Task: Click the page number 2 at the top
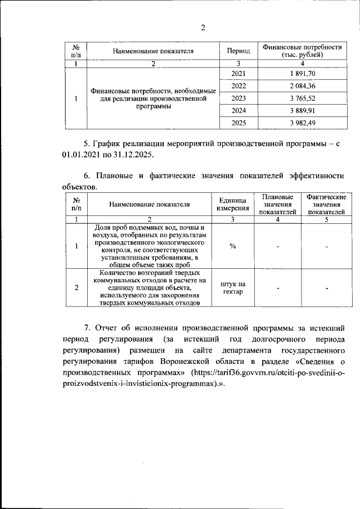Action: (203, 29)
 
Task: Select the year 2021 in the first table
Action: (238, 74)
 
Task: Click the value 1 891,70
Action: (302, 74)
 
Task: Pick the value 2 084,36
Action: (302, 86)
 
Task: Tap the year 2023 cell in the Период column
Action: (238, 98)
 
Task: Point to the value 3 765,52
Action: (302, 98)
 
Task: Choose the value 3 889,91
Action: (302, 111)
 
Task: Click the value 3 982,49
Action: (302, 123)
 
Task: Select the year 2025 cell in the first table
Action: (238, 123)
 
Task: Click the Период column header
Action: (238, 51)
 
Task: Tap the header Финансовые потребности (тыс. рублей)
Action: (302, 51)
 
